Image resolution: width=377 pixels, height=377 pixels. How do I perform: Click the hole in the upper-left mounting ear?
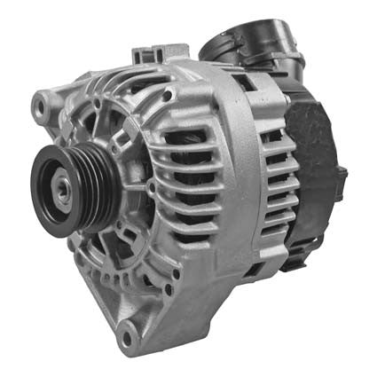[40, 108]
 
